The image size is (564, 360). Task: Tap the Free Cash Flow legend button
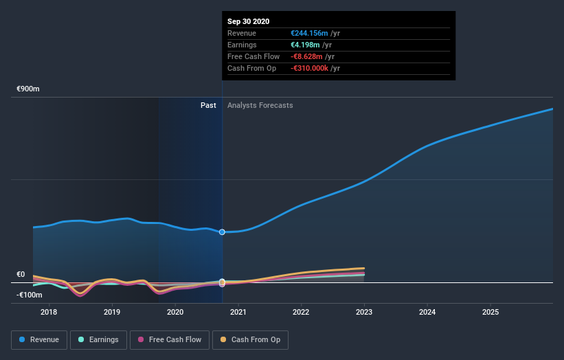[169, 339]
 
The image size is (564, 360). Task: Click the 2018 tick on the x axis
[49, 313]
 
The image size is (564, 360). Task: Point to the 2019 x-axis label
[112, 313]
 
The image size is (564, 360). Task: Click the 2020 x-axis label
[175, 313]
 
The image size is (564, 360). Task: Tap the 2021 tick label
[238, 313]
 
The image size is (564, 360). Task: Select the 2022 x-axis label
[301, 313]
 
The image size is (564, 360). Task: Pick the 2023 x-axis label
[364, 313]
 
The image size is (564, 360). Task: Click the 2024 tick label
[427, 313]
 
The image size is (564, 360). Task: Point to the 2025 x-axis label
[490, 313]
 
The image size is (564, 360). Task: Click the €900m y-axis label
[29, 89]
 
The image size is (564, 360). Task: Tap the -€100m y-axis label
[30, 295]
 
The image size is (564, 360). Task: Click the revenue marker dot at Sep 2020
[222, 232]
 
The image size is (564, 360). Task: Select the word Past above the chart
[209, 106]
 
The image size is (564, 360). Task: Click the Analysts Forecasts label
[260, 106]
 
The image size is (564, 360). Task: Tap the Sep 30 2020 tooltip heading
[249, 21]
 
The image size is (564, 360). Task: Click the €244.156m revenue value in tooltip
[311, 33]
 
